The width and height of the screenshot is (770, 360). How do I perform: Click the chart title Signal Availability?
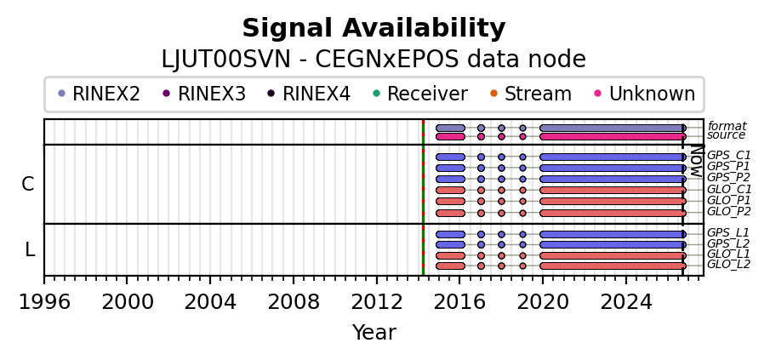[x=374, y=28]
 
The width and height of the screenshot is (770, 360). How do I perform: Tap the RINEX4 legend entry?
[x=309, y=94]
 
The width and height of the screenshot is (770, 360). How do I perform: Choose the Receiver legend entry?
[x=420, y=94]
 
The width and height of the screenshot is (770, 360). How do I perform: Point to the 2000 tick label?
[x=127, y=302]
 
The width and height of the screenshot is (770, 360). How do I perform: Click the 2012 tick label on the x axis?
[x=377, y=302]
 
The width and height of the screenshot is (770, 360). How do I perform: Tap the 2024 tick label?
[x=626, y=302]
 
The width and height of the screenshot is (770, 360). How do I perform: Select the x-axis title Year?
[x=374, y=333]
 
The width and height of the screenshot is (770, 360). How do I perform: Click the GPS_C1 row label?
[x=729, y=156]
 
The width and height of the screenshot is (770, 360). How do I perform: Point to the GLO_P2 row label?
[x=729, y=212]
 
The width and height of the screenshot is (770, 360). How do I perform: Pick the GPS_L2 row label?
[x=729, y=243]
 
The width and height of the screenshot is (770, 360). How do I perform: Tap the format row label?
[x=727, y=126]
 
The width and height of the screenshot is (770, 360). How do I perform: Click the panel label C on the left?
[x=28, y=184]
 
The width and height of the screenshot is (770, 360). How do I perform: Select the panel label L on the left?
[x=30, y=250]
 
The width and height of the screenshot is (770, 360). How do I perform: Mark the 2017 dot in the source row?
[x=481, y=136]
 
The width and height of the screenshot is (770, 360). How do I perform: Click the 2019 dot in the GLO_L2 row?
[x=522, y=266]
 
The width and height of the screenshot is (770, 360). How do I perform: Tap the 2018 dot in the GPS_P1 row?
[x=501, y=168]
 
